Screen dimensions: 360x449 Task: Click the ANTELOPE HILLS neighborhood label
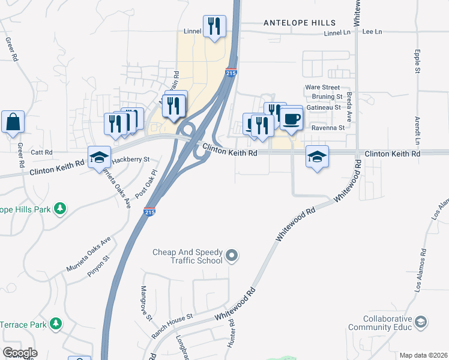pyautogui.click(x=300, y=23)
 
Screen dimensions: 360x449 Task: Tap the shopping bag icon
pyautogui.click(x=13, y=122)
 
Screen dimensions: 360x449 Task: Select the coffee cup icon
pyautogui.click(x=292, y=119)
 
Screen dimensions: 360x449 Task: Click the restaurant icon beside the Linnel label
pyautogui.click(x=214, y=26)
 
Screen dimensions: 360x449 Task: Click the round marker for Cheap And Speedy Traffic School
pyautogui.click(x=233, y=257)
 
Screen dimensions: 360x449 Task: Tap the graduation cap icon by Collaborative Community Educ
pyautogui.click(x=421, y=322)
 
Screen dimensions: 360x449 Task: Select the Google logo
pyautogui.click(x=20, y=353)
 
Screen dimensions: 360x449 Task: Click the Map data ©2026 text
pyautogui.click(x=424, y=355)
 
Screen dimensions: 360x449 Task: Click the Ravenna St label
pyautogui.click(x=328, y=128)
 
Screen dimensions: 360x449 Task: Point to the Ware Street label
pyautogui.click(x=322, y=88)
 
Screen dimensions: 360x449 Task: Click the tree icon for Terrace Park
pyautogui.click(x=56, y=324)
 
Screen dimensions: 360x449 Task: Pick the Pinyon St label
pyautogui.click(x=100, y=265)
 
